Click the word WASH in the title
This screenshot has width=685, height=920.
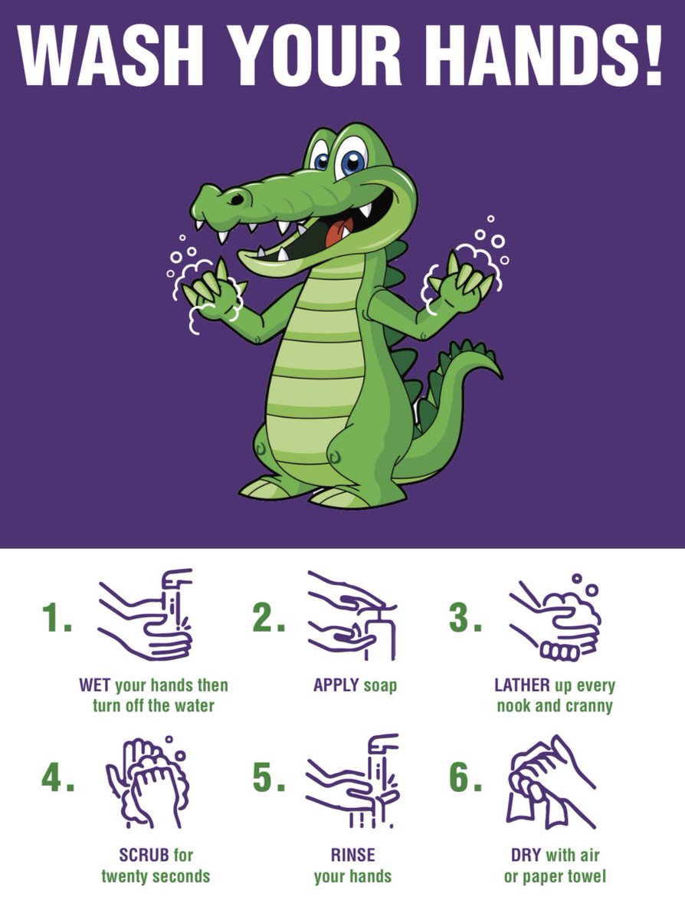coord(110,55)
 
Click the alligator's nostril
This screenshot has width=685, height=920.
coord(238,199)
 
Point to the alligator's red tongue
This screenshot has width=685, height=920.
coord(338,233)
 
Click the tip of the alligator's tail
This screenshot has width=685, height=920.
coord(500,376)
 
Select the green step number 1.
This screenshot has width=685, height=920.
coord(57,618)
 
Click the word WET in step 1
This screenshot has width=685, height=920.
coord(95,685)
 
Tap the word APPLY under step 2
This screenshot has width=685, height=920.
coord(336,685)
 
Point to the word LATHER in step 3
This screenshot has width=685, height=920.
coord(522,685)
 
